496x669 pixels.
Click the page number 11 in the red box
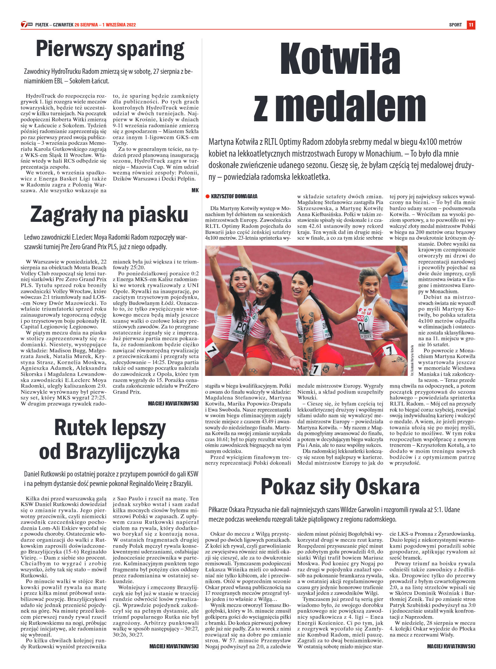coord(471,25)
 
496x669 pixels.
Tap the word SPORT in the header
coord(455,25)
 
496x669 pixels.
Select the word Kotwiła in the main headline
coord(340,60)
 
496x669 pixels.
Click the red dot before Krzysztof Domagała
coord(208,196)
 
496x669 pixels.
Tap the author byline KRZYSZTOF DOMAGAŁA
coord(234,196)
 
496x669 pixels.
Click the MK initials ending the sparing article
coord(195,190)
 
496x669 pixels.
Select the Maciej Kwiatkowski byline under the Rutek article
coord(174,646)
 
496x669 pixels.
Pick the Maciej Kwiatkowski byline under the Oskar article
coord(451,646)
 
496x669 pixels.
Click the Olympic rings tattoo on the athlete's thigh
coord(254,370)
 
